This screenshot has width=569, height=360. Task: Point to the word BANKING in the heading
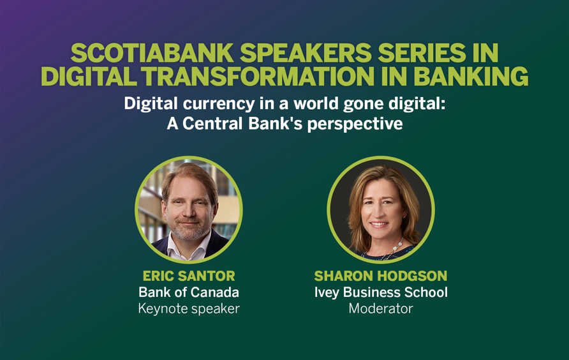click(x=471, y=76)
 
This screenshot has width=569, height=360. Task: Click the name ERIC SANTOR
click(x=189, y=276)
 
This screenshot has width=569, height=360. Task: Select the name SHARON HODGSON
click(x=381, y=276)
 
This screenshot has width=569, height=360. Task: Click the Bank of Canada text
click(x=189, y=292)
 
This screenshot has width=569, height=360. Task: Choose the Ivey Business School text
click(x=381, y=292)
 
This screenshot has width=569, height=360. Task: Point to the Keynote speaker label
click(x=189, y=309)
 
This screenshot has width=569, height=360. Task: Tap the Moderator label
click(x=381, y=309)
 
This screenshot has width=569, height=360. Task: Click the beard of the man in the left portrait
click(x=189, y=231)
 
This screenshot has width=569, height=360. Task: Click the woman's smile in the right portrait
click(x=379, y=224)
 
